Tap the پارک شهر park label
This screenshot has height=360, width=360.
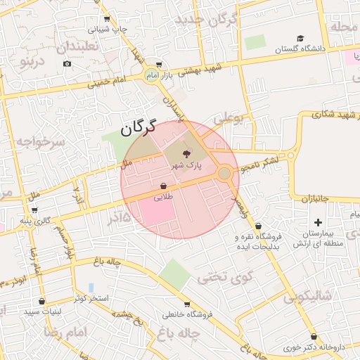click(186, 165)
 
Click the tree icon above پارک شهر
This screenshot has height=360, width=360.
click(186, 154)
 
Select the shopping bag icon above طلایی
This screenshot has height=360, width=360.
click(163, 186)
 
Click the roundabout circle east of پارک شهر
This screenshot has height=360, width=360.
click(224, 173)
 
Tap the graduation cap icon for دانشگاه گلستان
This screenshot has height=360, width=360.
click(300, 38)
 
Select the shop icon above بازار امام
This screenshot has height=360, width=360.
click(160, 64)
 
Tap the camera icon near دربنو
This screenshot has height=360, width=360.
click(67, 64)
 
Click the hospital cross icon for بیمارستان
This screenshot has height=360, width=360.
click(317, 222)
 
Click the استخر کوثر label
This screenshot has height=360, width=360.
click(91, 298)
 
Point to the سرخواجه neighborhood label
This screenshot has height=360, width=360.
click(41, 142)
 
